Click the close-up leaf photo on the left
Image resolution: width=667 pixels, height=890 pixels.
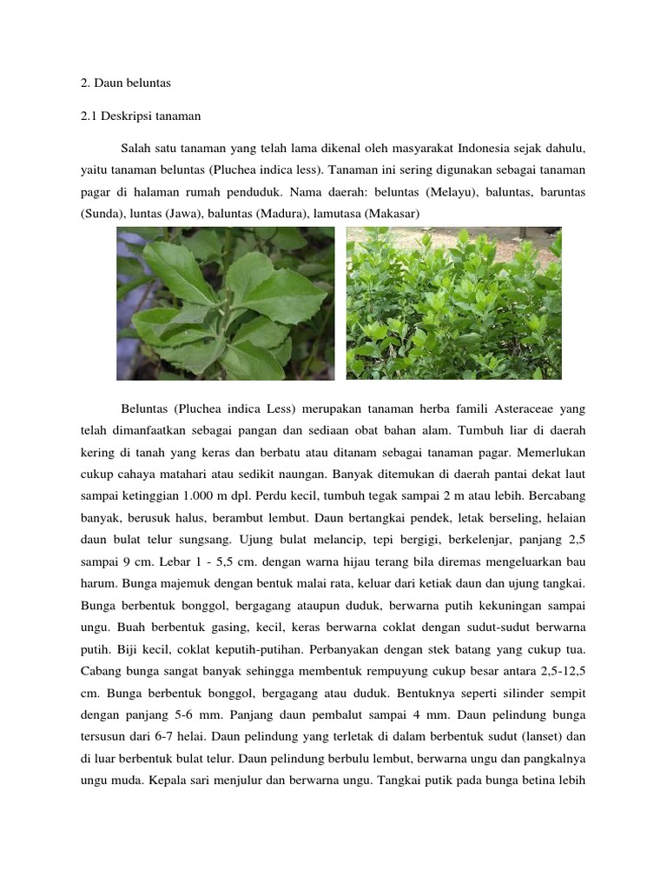tap(226, 303)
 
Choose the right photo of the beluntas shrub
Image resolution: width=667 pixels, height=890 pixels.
tap(453, 303)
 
